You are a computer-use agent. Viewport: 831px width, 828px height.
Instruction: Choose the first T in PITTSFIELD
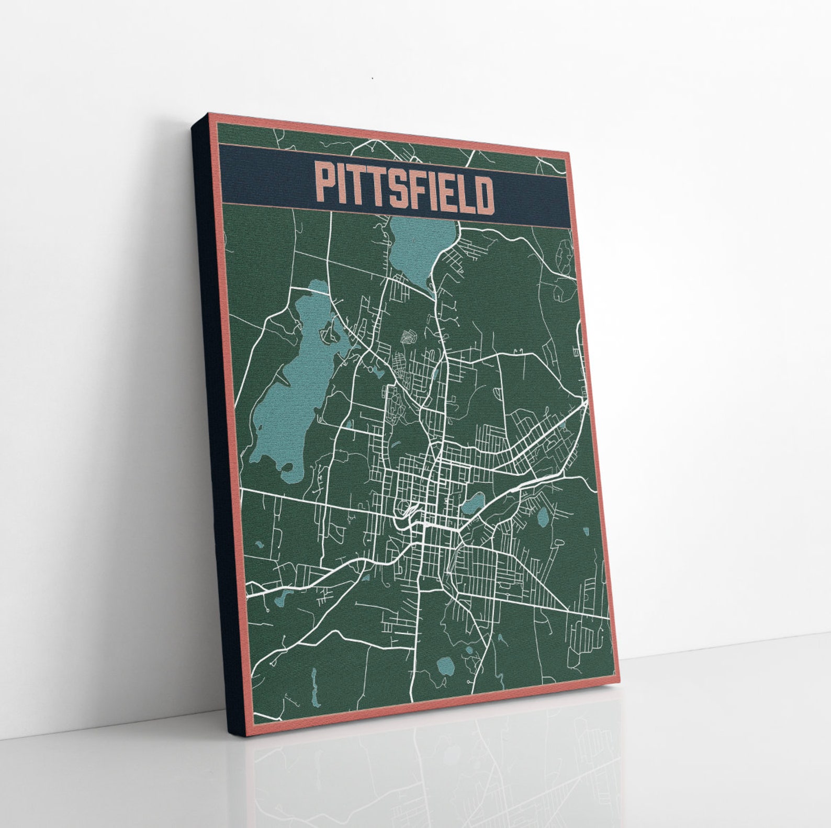(361, 187)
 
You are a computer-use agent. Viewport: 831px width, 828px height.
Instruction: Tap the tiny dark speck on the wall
(373, 78)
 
